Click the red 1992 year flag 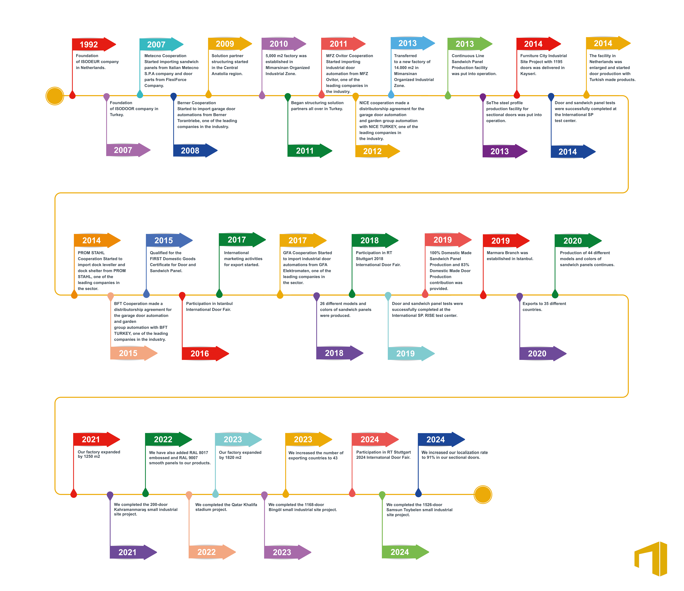[94, 44]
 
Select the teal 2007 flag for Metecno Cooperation [161, 44]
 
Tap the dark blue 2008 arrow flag [195, 150]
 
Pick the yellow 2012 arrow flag [377, 151]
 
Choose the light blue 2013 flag [413, 43]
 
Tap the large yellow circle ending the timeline [483, 494]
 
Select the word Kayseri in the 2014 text [528, 74]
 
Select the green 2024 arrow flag [405, 552]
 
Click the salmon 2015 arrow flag [134, 353]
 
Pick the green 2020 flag [578, 241]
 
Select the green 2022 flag [168, 439]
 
